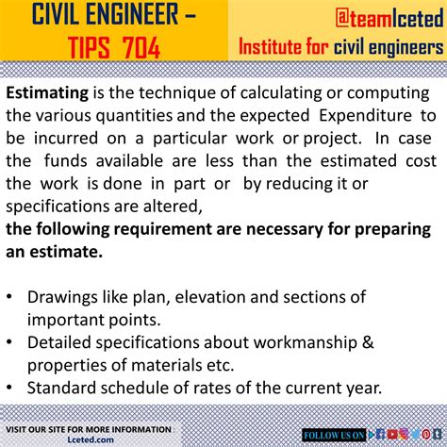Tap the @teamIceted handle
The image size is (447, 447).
pyautogui.click(x=389, y=18)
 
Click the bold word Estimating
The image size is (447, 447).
pyautogui.click(x=47, y=93)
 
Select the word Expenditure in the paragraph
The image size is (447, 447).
pyautogui.click(x=365, y=115)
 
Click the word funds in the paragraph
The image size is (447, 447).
pyautogui.click(x=65, y=161)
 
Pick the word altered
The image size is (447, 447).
pyautogui.click(x=173, y=207)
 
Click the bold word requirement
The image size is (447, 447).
pyautogui.click(x=162, y=230)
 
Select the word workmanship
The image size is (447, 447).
pyautogui.click(x=306, y=342)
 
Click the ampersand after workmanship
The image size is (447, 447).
pyautogui.click(x=368, y=342)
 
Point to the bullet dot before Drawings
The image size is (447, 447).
pyautogui.click(x=9, y=296)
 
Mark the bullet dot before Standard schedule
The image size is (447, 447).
pyautogui.click(x=9, y=388)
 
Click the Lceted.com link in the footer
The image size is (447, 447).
pyautogui.click(x=91, y=439)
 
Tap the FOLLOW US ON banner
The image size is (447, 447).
pyautogui.click(x=334, y=435)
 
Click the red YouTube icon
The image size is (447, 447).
pyautogui.click(x=392, y=435)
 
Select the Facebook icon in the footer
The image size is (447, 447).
pyautogui.click(x=380, y=435)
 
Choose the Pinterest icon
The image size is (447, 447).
pyautogui.click(x=426, y=435)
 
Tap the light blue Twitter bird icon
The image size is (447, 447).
pyautogui.click(x=415, y=435)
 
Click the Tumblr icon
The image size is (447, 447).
pyautogui.click(x=438, y=435)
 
